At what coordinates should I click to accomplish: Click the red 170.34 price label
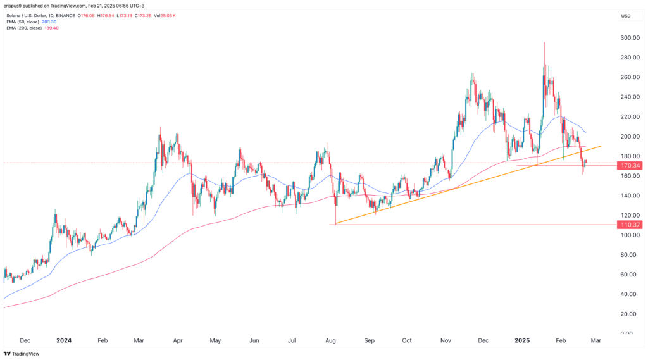point(631,166)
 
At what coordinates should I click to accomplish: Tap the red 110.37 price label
point(631,225)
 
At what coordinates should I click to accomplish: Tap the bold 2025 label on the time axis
point(522,340)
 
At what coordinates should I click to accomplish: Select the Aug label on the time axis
point(331,340)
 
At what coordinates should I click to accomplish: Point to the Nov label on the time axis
point(446,340)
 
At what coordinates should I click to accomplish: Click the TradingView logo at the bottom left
point(22,354)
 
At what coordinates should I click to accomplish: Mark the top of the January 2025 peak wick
point(544,42)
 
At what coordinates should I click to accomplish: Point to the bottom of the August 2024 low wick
point(335,224)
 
